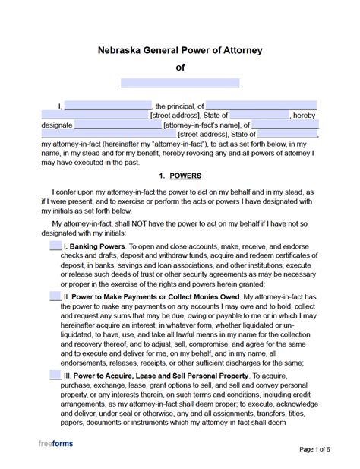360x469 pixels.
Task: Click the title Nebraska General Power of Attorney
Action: (x=180, y=51)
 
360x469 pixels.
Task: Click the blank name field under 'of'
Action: (x=180, y=83)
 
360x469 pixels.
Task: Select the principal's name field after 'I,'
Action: (x=108, y=106)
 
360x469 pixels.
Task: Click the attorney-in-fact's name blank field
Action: (x=117, y=125)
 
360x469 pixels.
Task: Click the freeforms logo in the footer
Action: (x=56, y=444)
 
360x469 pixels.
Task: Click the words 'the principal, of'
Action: (x=179, y=106)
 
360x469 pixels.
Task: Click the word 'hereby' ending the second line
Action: (x=304, y=116)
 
